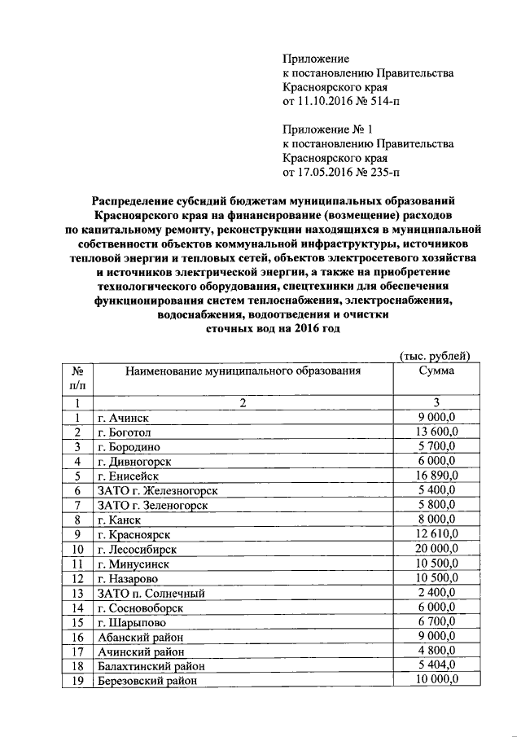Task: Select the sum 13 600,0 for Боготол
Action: [x=436, y=432]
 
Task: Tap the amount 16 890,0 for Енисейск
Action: [x=436, y=476]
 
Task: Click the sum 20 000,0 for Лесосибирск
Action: [x=436, y=549]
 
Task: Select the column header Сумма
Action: [x=436, y=371]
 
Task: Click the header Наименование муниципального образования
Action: [x=242, y=371]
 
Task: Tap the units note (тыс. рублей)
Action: [x=436, y=355]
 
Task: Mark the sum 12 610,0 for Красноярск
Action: [x=436, y=534]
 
